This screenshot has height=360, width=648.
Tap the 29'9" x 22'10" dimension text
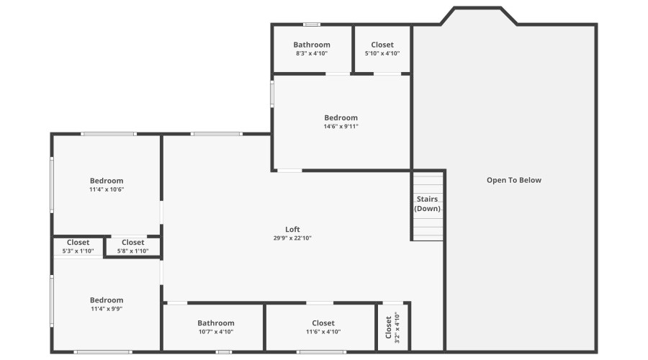tap(292, 238)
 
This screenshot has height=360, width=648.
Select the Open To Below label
tap(514, 180)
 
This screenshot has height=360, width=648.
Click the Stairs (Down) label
tap(427, 204)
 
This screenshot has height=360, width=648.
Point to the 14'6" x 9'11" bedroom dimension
tap(341, 127)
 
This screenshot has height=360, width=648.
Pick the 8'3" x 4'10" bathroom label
tap(312, 53)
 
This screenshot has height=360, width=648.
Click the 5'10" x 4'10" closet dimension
tap(382, 53)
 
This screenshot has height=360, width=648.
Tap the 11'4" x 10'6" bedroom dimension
tap(107, 189)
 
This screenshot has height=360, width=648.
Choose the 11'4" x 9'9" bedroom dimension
tap(107, 309)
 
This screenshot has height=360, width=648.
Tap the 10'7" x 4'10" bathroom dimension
tap(216, 332)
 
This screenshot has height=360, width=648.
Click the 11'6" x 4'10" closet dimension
tap(323, 332)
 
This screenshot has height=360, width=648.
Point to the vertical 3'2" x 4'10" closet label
tap(392, 326)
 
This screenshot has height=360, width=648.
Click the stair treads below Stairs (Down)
tap(427, 228)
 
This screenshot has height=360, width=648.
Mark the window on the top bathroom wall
tap(311, 24)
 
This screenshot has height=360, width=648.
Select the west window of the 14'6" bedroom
tap(272, 94)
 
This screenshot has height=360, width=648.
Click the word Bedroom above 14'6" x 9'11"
tap(341, 117)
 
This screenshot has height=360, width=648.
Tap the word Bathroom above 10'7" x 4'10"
tap(216, 323)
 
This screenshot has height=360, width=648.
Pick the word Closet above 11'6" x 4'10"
tap(323, 323)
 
